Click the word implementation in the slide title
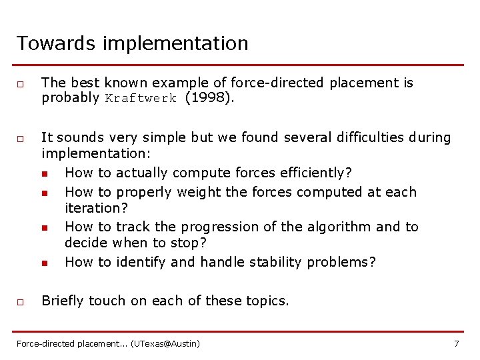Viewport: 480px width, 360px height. click(x=175, y=45)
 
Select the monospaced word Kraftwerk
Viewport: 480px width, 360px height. click(x=141, y=98)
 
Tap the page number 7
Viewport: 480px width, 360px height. click(x=456, y=343)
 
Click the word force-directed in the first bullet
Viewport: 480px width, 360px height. click(x=276, y=83)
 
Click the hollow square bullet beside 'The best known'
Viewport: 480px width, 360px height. click(x=21, y=85)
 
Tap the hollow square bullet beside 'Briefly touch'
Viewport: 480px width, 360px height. click(x=21, y=302)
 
